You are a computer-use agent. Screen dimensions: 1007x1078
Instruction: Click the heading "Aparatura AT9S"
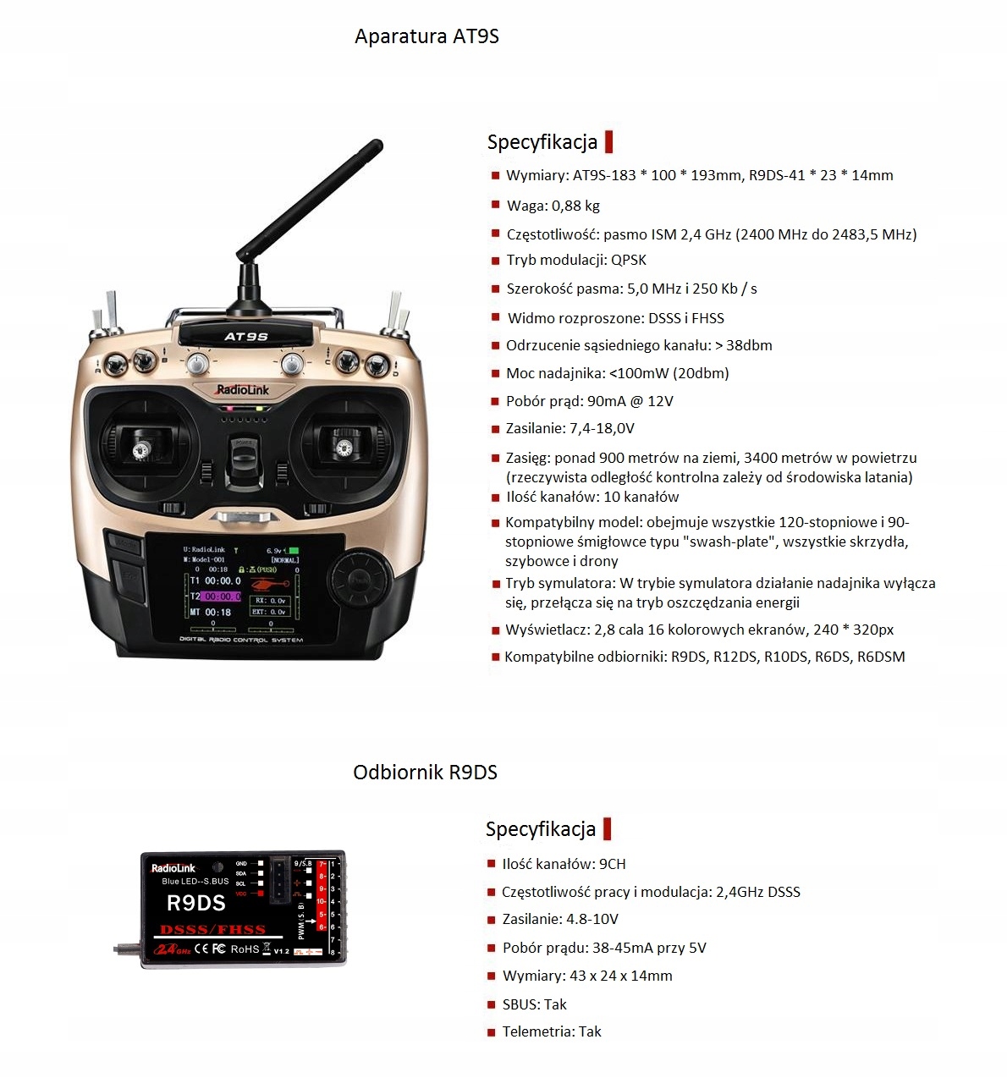point(426,36)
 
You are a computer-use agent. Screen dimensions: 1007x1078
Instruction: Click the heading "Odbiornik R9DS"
point(425,772)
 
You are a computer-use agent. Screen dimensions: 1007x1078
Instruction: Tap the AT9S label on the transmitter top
point(246,337)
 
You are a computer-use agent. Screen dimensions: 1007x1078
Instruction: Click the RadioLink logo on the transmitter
point(243,390)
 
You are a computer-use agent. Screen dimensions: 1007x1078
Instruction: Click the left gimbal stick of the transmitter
point(140,449)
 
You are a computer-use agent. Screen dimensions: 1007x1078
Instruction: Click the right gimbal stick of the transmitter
point(344,447)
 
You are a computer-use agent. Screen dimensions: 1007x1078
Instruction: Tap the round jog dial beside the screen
point(360,580)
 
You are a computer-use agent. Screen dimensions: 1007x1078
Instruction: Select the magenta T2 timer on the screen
point(219,597)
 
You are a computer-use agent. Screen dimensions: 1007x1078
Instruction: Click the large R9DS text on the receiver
point(196,903)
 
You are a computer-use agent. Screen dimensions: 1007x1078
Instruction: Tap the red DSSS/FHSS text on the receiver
point(213,929)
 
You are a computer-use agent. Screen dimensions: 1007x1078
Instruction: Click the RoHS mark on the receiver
point(245,949)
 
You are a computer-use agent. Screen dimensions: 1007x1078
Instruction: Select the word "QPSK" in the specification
point(629,260)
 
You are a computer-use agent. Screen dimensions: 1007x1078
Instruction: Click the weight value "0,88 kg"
point(576,205)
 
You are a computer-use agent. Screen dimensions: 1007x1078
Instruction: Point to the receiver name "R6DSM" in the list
point(881,657)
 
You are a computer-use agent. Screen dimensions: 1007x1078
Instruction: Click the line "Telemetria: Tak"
point(552,1031)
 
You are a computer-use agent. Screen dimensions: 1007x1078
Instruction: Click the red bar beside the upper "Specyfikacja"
point(608,141)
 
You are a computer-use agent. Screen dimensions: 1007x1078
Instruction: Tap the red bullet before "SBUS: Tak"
point(491,1004)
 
